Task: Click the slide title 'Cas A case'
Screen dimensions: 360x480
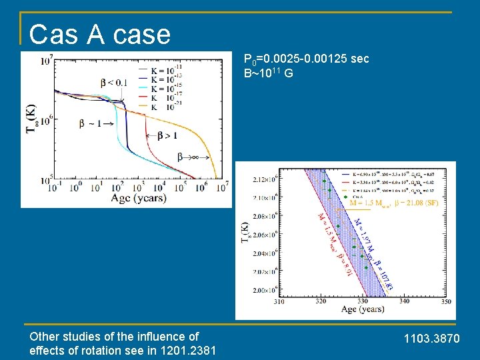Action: [x=100, y=34]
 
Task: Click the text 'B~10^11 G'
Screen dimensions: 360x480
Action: [x=269, y=73]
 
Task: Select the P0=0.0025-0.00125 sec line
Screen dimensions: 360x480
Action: [x=306, y=59]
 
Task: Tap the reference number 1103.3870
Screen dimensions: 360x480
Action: [x=432, y=340]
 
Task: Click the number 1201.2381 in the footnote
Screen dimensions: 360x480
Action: [x=188, y=351]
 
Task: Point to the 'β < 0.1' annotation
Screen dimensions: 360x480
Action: [x=114, y=83]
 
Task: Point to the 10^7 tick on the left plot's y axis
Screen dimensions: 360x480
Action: [x=47, y=61]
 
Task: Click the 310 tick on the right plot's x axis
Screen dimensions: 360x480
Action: [x=279, y=301]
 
